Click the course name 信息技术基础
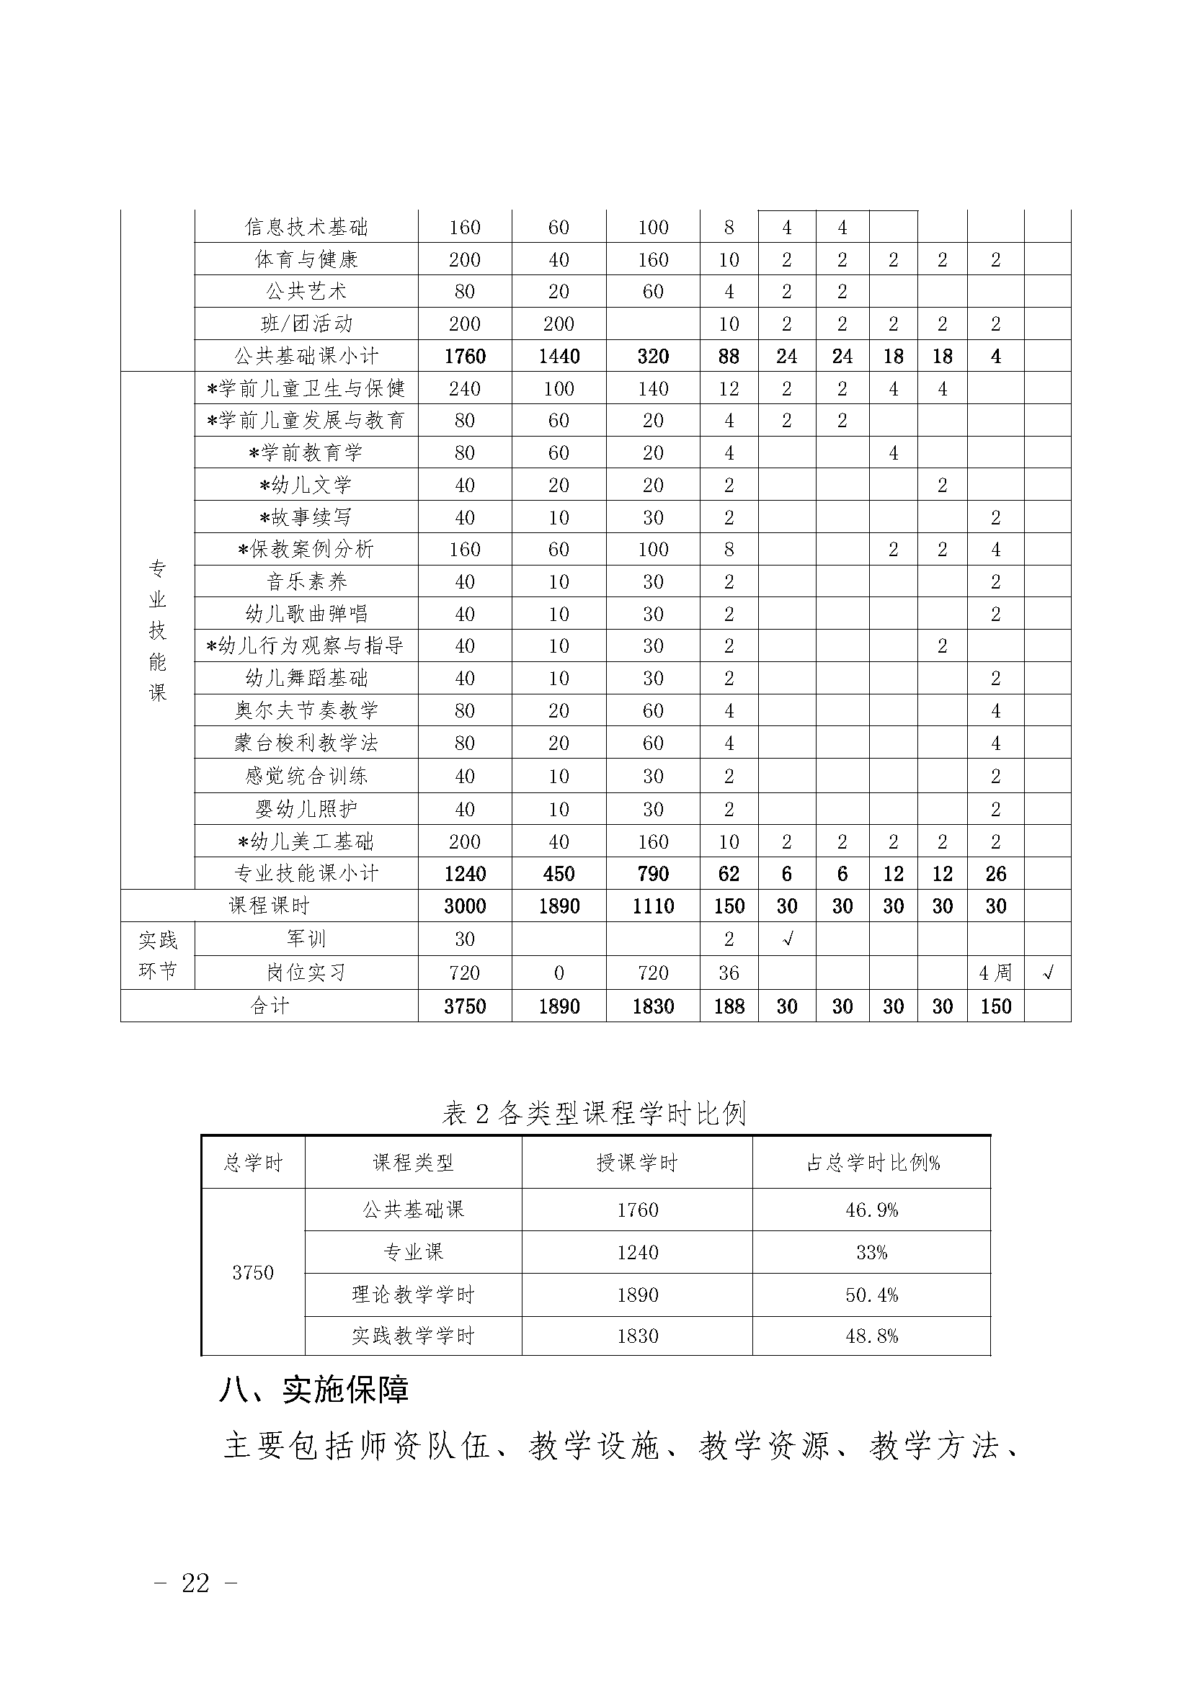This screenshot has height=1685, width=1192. (x=306, y=228)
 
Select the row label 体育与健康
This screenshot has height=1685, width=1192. (x=306, y=260)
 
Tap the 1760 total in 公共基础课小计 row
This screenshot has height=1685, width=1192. (x=465, y=357)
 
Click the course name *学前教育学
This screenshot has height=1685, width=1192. (x=306, y=453)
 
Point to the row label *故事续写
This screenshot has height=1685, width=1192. (x=306, y=517)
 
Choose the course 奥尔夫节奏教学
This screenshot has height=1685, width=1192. (x=306, y=710)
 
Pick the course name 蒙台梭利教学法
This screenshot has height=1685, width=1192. (x=306, y=743)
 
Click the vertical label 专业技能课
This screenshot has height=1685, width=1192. (x=158, y=631)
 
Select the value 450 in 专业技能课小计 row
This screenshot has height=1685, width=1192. (x=559, y=873)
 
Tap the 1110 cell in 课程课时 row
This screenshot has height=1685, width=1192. (x=652, y=906)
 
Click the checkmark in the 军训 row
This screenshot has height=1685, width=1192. (x=787, y=939)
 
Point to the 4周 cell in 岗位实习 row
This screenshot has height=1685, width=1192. (x=995, y=973)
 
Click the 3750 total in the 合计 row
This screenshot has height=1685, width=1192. (x=465, y=1006)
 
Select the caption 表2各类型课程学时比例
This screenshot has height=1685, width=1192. (x=594, y=1113)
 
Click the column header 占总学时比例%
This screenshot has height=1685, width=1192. (x=872, y=1163)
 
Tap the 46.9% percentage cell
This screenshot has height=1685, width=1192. (x=872, y=1210)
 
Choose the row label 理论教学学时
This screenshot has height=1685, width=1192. (x=413, y=1295)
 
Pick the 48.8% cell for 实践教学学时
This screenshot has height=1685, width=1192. (x=872, y=1336)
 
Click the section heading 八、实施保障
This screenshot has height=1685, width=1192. (x=314, y=1389)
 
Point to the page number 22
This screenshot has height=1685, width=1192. (x=195, y=1583)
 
